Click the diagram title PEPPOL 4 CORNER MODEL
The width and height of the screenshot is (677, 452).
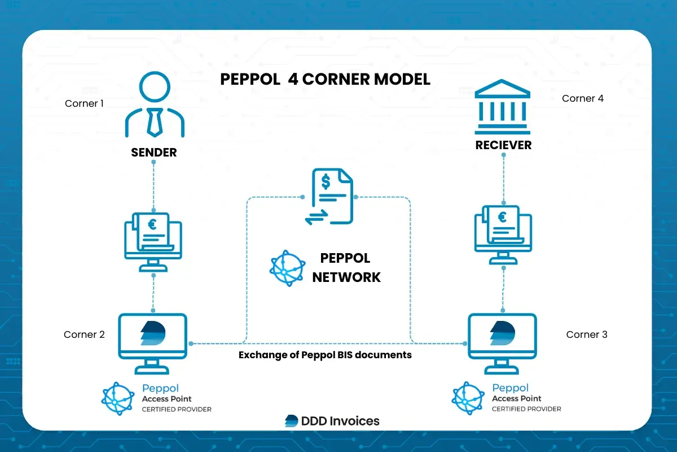coord(325,79)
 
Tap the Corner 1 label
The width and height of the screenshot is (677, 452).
coord(84,103)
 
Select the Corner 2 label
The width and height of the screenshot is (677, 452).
coord(84,334)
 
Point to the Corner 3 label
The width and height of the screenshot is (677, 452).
coord(587,334)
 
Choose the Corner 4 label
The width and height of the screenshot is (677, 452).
coord(583,98)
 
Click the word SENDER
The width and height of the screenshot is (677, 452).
coord(154,153)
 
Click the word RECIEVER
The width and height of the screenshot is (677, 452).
coord(503,145)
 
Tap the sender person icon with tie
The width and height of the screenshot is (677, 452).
coord(153,107)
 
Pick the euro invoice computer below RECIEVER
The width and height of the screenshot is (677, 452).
coord(503,232)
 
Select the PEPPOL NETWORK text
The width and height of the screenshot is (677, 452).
coord(346,268)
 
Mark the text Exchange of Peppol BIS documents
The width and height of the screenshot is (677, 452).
coord(325,355)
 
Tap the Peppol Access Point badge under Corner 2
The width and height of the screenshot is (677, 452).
coord(156,398)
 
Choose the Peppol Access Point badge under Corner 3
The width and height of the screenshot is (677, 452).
coord(507,398)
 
